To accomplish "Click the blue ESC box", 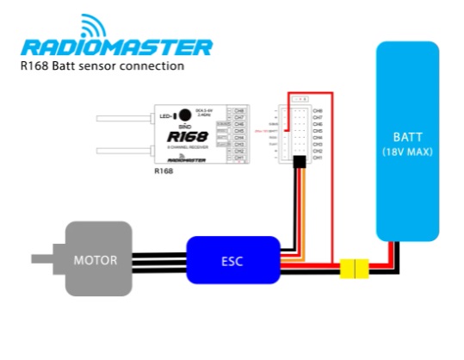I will click(232, 259).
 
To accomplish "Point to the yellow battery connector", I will click(354, 270).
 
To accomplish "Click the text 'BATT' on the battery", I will click(407, 136).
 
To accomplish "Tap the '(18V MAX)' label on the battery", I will click(407, 152).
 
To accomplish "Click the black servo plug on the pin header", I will click(300, 163).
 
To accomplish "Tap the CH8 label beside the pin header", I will click(317, 110).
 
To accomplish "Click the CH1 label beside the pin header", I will click(317, 158).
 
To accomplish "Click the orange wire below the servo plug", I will click(300, 207).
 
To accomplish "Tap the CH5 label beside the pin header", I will click(317, 131).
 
